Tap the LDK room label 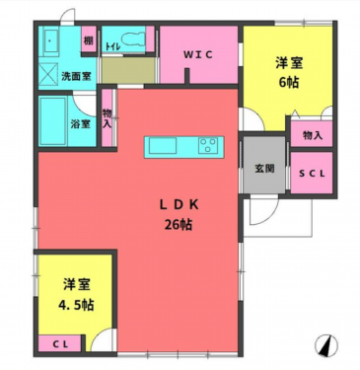[181, 204]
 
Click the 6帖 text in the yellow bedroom [290, 84]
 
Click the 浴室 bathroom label [81, 123]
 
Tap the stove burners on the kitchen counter [208, 146]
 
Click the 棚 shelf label [88, 40]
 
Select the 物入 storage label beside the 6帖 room [313, 133]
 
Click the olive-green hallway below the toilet [125, 72]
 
